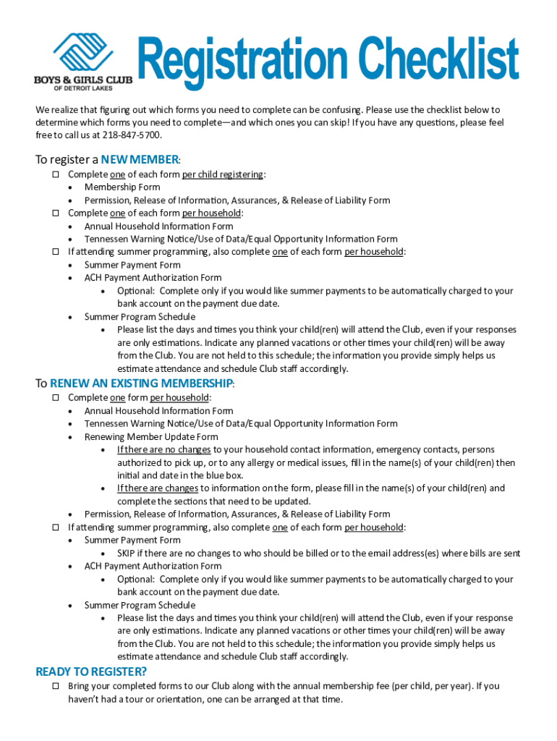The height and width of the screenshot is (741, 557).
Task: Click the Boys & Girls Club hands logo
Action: pos(82,52)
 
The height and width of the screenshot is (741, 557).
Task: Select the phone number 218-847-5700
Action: pos(132,135)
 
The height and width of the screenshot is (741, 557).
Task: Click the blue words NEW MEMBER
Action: pos(140,159)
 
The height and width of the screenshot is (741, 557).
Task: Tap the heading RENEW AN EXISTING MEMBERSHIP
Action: pos(142,383)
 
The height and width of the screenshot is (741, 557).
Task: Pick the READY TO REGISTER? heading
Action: pos(91,672)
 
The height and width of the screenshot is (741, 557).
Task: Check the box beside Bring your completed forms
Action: pos(55,685)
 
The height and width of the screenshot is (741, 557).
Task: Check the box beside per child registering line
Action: pos(55,174)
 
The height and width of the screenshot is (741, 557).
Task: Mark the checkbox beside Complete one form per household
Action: pos(55,397)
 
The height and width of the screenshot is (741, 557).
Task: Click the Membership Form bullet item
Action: pos(122,187)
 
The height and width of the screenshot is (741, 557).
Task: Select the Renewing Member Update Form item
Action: pos(150,436)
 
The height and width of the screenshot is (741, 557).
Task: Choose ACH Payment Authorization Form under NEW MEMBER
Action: pos(153,278)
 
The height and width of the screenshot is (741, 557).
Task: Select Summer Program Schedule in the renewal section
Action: pos(140,605)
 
